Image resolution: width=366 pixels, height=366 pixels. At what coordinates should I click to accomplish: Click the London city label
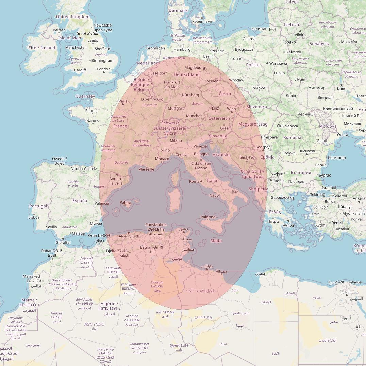tap(103, 69)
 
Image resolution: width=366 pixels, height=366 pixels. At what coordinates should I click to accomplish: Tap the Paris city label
tap(123, 101)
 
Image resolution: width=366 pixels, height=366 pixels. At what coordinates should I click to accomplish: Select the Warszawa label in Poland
tap(278, 63)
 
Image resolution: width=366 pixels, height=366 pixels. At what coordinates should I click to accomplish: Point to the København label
tap(202, 21)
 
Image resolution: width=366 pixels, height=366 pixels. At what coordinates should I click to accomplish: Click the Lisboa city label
tap(34, 217)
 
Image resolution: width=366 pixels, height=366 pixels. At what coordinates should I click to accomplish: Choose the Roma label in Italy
tap(194, 181)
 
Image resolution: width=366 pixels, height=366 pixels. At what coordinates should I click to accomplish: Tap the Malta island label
tap(216, 241)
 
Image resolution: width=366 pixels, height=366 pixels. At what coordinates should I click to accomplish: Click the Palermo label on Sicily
tap(208, 217)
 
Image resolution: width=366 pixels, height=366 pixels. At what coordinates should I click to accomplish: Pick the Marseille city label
tap(146, 169)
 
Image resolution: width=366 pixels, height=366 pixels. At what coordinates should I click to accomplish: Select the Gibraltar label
tap(63, 243)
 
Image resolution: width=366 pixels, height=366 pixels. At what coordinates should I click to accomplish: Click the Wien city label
tap(231, 109)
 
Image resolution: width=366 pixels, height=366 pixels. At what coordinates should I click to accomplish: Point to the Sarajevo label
tap(247, 157)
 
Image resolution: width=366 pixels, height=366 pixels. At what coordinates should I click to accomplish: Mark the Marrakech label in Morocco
tap(32, 276)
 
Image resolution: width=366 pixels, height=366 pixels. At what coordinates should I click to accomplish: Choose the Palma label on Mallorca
tap(125, 203)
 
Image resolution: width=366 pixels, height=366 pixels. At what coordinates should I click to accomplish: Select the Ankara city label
tap(359, 198)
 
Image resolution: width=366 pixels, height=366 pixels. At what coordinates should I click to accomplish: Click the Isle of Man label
tap(69, 38)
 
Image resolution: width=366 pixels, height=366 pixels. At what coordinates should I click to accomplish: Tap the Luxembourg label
tap(152, 99)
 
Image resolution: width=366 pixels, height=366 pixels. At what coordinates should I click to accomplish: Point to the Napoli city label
tap(215, 195)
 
